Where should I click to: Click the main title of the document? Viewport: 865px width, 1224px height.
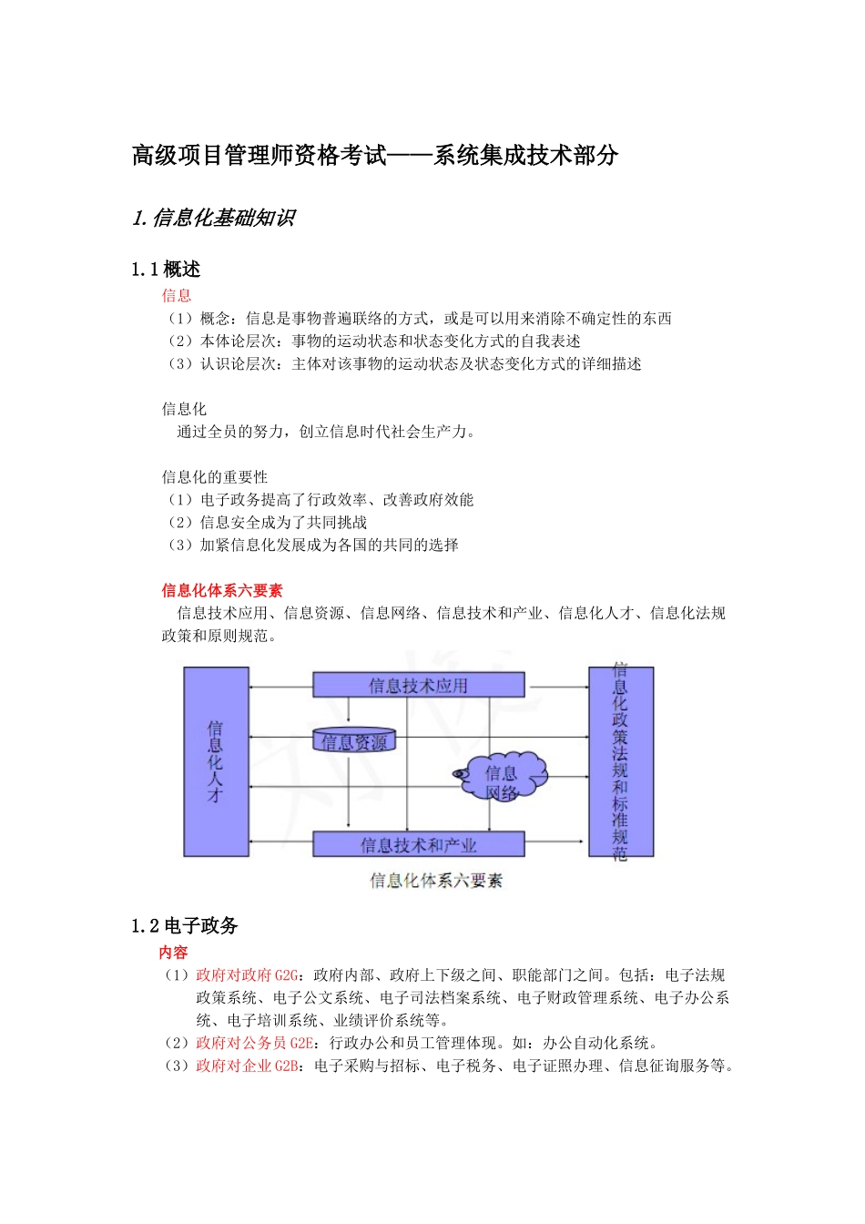coord(375,156)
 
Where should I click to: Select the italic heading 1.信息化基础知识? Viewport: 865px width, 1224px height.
coord(214,219)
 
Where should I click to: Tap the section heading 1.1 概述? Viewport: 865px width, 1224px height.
coord(166,270)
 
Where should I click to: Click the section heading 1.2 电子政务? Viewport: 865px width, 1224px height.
coord(184,926)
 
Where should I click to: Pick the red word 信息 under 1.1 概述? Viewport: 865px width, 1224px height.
coord(177,295)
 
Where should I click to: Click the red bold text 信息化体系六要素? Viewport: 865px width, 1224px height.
coord(222,590)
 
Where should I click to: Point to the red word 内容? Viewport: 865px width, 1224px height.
coord(173,952)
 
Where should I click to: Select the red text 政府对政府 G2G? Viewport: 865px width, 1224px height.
coord(247,974)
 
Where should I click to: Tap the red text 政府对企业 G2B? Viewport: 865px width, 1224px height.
coord(247,1066)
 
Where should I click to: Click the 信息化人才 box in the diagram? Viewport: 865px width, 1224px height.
coord(216,761)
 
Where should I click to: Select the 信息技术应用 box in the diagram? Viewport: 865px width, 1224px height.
coord(419,685)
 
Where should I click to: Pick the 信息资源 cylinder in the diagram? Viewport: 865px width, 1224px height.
coord(354,741)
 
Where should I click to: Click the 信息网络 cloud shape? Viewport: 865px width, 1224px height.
coord(503,777)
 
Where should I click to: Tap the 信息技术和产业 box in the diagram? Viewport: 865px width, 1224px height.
coord(419,844)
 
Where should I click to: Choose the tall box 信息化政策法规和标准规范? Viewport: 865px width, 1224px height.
coord(620,761)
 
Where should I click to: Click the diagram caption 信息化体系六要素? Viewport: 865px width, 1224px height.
coord(436,881)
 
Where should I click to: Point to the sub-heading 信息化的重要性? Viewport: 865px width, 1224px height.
coord(215,477)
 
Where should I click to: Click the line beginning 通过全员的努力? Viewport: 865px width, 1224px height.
coord(325,432)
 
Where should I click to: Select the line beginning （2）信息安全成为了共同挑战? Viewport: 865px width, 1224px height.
coord(266,523)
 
